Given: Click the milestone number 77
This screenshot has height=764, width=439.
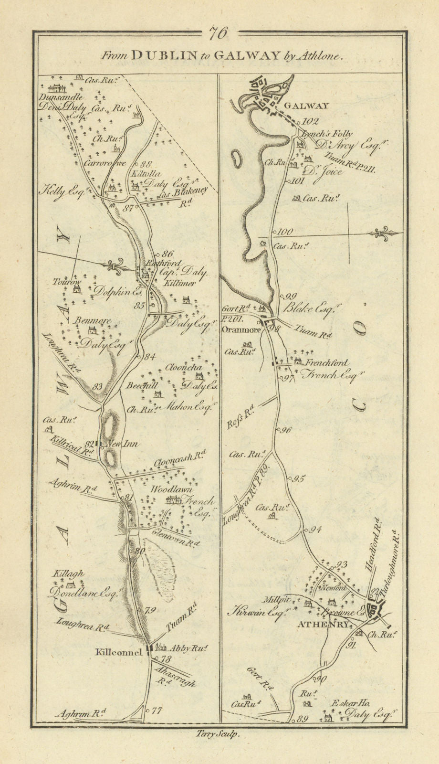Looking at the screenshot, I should pos(156,711).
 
